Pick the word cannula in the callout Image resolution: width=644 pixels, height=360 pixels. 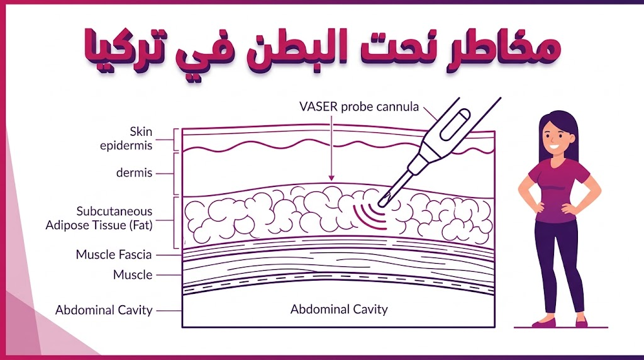(x=397, y=107)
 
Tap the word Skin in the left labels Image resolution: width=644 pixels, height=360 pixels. (x=141, y=132)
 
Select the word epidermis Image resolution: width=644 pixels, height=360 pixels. (x=126, y=146)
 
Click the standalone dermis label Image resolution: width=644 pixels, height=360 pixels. (x=135, y=173)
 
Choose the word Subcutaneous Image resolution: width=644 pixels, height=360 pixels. (x=114, y=211)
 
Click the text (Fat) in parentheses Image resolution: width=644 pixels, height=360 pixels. (x=141, y=225)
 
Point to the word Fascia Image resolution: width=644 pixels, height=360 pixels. (x=132, y=254)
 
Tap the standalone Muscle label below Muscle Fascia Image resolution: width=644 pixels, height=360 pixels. (x=133, y=274)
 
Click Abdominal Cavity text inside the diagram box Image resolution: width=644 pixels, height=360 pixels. (x=339, y=309)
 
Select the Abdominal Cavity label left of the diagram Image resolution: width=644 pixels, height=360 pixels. (x=104, y=310)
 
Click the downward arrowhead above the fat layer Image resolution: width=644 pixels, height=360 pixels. (x=331, y=177)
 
